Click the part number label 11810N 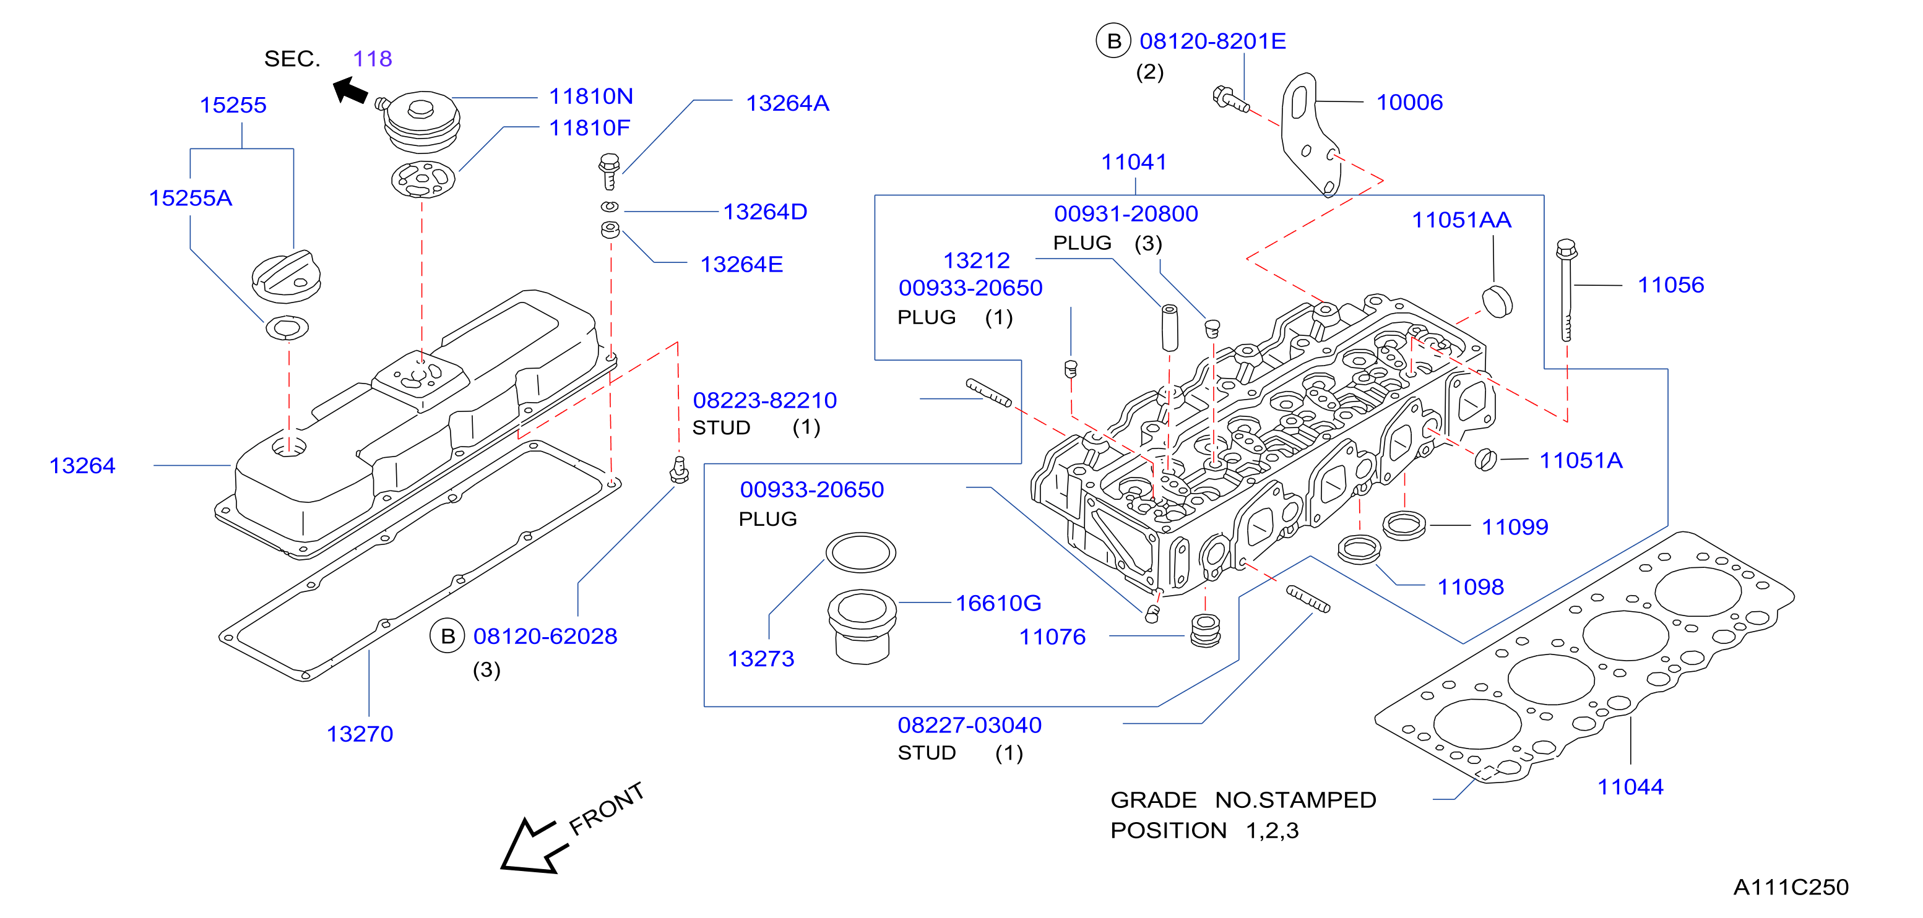pyautogui.click(x=590, y=97)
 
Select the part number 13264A pyautogui.click(x=787, y=103)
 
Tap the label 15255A pyautogui.click(x=191, y=198)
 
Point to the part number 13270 pyautogui.click(x=360, y=734)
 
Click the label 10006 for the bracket pyautogui.click(x=1409, y=102)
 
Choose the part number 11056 pyautogui.click(x=1670, y=285)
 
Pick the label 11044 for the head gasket pyautogui.click(x=1630, y=787)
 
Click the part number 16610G pyautogui.click(x=998, y=603)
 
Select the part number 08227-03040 pyautogui.click(x=970, y=725)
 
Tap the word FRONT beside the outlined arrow pyautogui.click(x=606, y=809)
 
